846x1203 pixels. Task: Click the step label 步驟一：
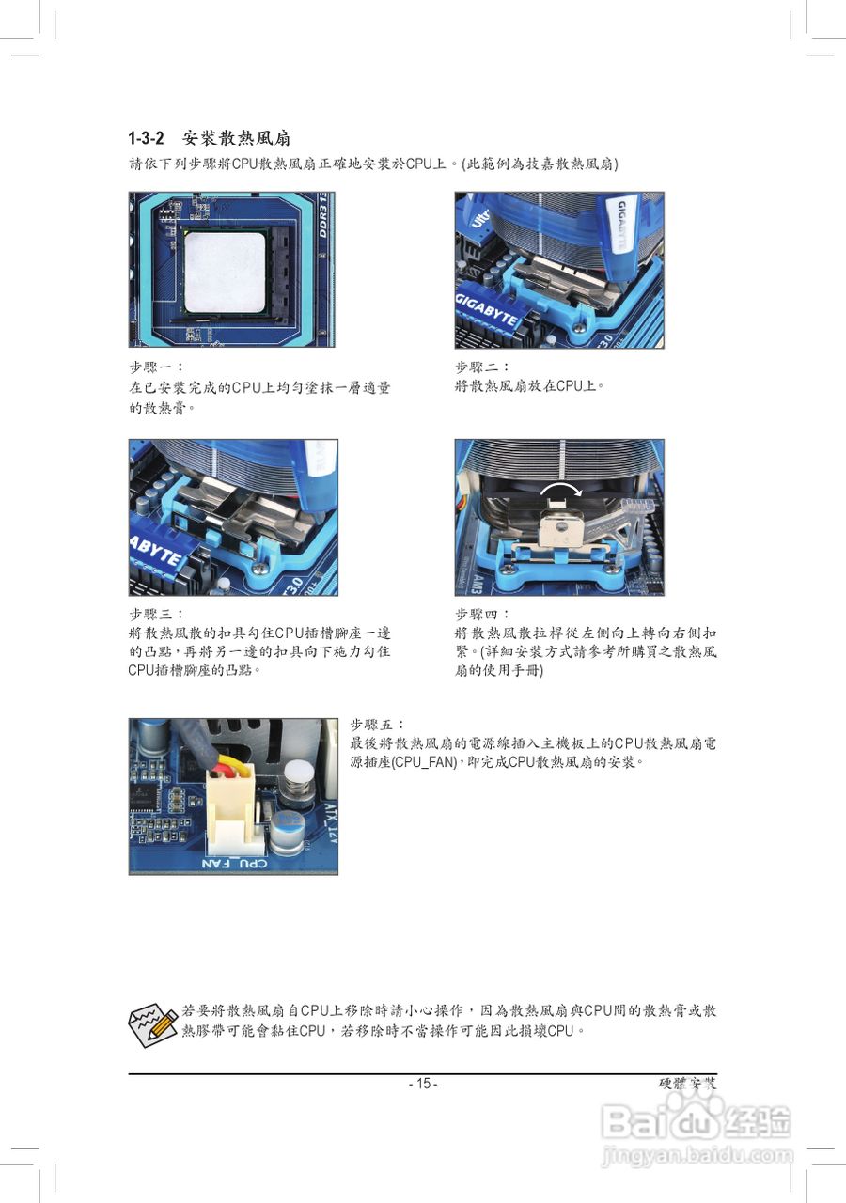click(156, 367)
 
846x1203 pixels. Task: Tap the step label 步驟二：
click(482, 367)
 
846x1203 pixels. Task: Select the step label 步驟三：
click(156, 614)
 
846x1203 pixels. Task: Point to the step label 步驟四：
click(482, 614)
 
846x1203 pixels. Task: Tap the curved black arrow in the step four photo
click(560, 492)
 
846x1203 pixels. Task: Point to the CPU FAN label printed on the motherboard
click(234, 862)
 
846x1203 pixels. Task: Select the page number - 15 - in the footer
click(423, 1084)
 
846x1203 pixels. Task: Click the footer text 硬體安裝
click(688, 1084)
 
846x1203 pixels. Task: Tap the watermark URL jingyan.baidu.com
click(697, 1153)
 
